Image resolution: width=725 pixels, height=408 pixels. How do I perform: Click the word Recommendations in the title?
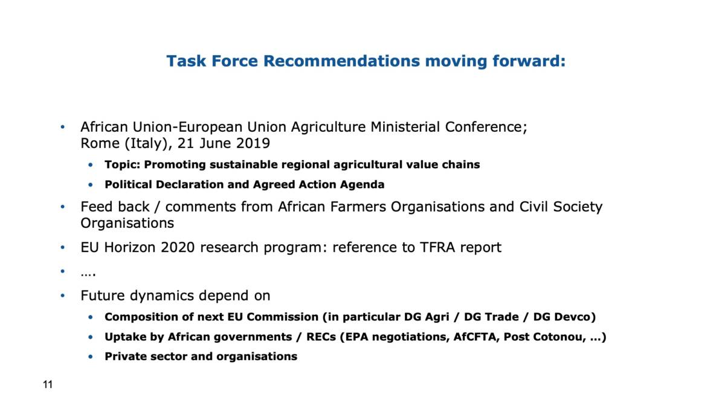coord(341,61)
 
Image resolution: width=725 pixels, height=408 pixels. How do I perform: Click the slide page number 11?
coord(48,384)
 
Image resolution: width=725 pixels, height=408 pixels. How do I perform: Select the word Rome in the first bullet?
coord(100,143)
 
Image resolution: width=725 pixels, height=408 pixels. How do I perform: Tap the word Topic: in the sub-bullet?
coord(122,165)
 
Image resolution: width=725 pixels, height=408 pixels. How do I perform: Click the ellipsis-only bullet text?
coord(88,274)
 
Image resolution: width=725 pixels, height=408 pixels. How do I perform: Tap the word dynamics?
coord(162,296)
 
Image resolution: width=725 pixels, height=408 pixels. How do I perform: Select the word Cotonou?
coord(560,337)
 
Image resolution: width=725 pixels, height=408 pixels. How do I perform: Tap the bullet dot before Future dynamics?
coord(63,296)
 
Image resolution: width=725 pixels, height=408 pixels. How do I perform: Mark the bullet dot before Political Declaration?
coord(91,185)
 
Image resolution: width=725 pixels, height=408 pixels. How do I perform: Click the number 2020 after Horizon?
coord(178,247)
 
